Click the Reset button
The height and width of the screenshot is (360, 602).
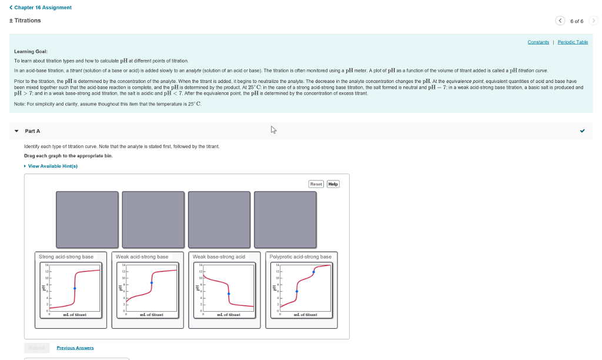[x=316, y=184]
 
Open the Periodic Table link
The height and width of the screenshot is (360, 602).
[x=573, y=42]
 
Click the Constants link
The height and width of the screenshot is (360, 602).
[x=538, y=42]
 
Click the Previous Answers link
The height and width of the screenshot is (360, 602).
[x=75, y=348]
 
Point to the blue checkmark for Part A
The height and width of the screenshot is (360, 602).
[x=582, y=131]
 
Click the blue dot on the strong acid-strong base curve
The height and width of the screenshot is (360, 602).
[x=75, y=288]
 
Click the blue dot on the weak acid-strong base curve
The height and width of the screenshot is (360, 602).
[x=152, y=283]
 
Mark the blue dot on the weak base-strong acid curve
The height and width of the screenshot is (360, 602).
[x=229, y=294]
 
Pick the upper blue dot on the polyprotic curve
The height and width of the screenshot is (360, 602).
[x=313, y=272]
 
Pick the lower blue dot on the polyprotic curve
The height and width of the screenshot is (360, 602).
[x=297, y=291]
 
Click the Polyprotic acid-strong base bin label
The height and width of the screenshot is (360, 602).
[x=300, y=256]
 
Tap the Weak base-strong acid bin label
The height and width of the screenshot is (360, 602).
[x=219, y=256]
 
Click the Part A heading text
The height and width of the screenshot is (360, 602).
[x=32, y=131]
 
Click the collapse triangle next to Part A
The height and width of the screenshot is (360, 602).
[x=16, y=131]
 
